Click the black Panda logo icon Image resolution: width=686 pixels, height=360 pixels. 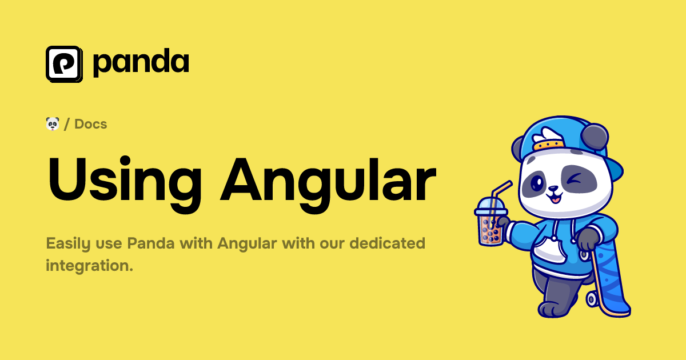64,63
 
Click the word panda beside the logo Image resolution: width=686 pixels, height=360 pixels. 140,63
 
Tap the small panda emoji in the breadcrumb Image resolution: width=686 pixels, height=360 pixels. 53,123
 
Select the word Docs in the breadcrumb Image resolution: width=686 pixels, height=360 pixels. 91,124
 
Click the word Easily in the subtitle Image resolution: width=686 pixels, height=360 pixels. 67,243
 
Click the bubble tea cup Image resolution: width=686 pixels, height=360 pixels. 489,223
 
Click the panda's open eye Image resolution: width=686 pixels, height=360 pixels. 537,182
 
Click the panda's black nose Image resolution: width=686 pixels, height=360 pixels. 553,188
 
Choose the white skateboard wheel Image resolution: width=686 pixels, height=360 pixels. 593,298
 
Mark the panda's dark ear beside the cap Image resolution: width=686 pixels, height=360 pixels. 595,137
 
